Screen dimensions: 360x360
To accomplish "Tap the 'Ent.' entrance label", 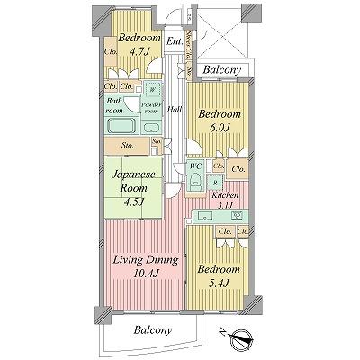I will click(x=175, y=41).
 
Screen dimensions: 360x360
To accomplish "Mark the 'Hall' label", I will click(x=173, y=110).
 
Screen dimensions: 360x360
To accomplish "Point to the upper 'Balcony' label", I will click(x=219, y=68).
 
